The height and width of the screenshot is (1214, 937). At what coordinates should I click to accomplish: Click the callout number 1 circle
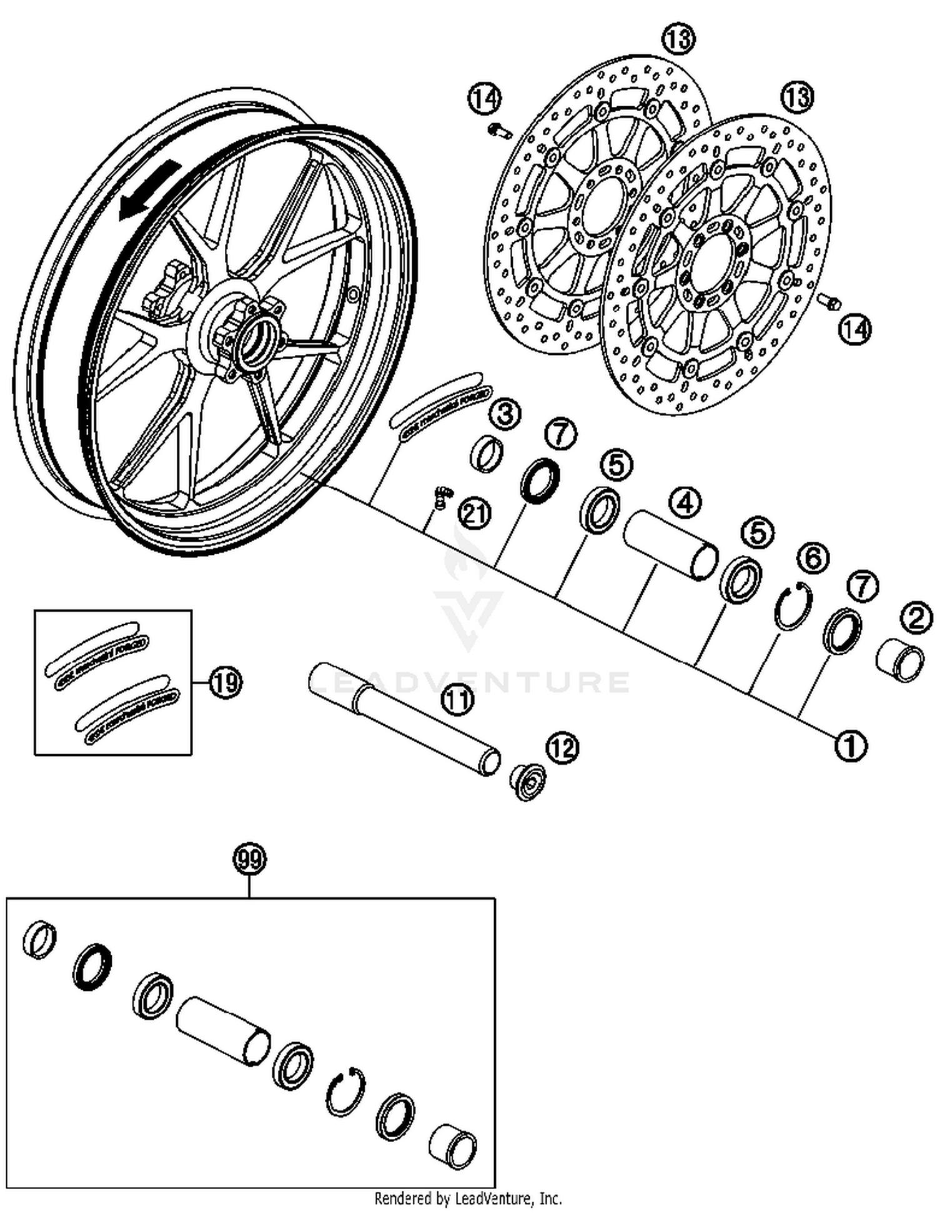tap(851, 745)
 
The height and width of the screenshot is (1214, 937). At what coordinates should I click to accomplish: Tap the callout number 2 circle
tap(916, 618)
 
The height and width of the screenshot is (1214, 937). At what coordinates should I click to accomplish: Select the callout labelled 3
tap(505, 414)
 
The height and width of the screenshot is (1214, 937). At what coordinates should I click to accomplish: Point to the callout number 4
tap(685, 502)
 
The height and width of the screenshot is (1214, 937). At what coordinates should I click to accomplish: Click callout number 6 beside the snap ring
tap(813, 557)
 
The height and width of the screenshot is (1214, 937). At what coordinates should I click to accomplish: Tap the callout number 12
tap(562, 747)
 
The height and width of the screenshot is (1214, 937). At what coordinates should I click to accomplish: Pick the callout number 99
tap(249, 859)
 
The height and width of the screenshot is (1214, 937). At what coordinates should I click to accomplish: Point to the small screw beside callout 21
tap(443, 498)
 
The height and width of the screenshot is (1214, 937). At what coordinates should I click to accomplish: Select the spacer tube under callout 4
tap(672, 545)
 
